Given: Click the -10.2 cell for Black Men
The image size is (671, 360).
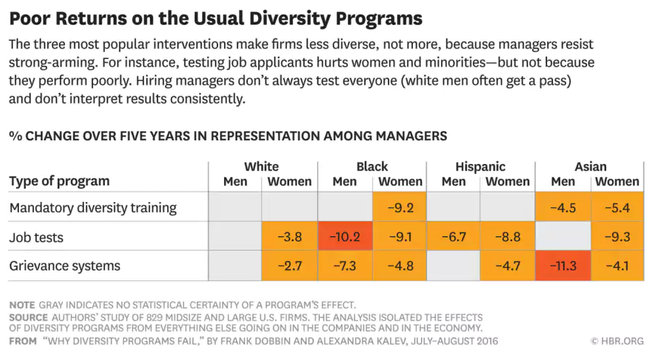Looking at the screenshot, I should [x=344, y=237].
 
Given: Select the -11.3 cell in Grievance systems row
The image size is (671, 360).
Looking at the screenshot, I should [x=562, y=266].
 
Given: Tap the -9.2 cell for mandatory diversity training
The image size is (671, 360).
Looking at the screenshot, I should [x=400, y=208].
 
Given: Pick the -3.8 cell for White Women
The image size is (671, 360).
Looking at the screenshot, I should [x=289, y=237].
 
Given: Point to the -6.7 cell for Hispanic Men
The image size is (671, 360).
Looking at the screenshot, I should [x=453, y=237].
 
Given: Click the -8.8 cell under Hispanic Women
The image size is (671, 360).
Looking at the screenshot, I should [x=508, y=237].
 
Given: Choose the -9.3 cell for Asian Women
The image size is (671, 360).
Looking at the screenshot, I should [x=617, y=237].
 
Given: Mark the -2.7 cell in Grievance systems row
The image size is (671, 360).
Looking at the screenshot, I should [x=289, y=266].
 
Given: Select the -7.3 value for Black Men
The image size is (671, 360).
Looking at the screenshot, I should [x=344, y=266].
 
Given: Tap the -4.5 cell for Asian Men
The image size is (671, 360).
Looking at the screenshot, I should [x=562, y=208].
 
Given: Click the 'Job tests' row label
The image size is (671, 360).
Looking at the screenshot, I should [x=36, y=237].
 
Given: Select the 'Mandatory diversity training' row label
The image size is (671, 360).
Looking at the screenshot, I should [x=92, y=208].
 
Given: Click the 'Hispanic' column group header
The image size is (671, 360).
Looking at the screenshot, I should [x=480, y=167].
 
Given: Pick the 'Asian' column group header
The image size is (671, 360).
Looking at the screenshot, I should [x=590, y=167].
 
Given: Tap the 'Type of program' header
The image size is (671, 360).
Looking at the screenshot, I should [x=59, y=181].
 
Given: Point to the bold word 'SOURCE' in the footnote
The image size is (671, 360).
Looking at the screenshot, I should [x=28, y=317].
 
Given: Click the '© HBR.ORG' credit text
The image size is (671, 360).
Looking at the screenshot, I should [x=617, y=341].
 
